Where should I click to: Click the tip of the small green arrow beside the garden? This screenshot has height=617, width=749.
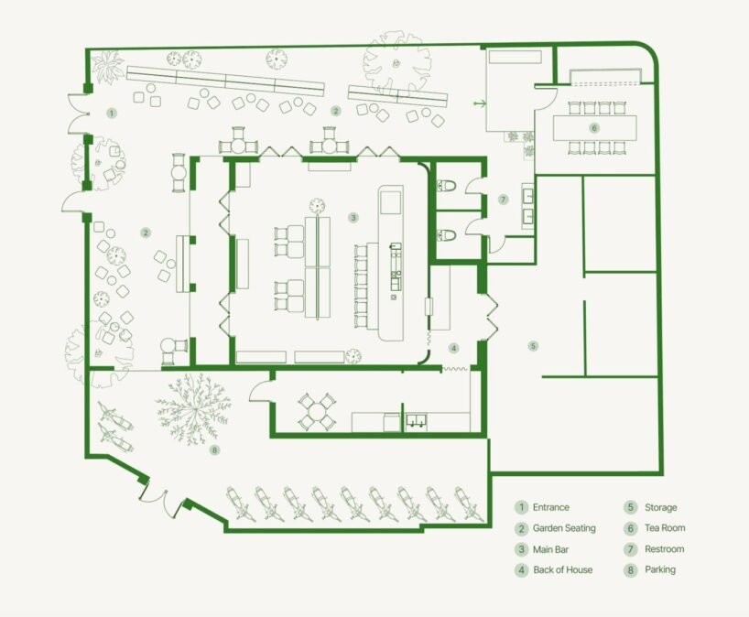point(486,103)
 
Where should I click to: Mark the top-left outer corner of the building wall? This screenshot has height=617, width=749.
point(85,49)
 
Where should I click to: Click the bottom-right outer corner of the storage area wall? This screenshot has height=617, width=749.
point(663,474)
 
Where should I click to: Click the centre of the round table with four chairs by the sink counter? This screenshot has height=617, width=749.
point(316,411)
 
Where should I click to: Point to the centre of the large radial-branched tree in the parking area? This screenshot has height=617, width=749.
point(193,409)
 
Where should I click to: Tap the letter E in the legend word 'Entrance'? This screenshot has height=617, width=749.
point(536,507)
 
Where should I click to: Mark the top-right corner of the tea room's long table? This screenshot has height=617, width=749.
point(636,115)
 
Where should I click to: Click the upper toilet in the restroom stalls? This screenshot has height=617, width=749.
point(447,185)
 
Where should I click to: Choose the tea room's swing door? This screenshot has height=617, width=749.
point(546,97)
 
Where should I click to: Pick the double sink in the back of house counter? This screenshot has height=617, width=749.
point(417,420)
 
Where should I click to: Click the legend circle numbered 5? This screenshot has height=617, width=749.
point(630,507)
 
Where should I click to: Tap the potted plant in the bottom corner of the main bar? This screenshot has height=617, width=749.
point(353,356)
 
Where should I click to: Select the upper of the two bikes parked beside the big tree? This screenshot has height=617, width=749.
point(115,417)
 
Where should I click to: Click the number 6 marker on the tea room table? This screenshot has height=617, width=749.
point(594,128)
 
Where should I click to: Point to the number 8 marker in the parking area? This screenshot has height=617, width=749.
point(214,449)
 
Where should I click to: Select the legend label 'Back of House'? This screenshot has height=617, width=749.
point(563,569)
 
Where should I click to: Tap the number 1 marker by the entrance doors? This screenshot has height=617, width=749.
point(112,114)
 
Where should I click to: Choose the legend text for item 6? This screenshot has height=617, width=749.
point(665,527)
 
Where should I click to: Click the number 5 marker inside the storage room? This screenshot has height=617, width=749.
point(533,346)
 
